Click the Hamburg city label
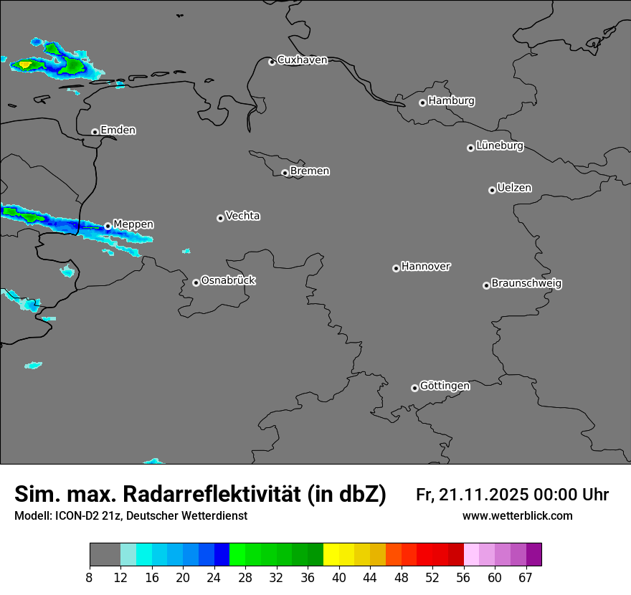coord(451,101)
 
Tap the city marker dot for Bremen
coord(285,173)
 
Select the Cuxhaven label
coord(302,60)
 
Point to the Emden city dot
coord(95,132)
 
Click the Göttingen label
coord(445,386)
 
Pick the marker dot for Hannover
coord(396,268)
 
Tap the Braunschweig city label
coord(526,283)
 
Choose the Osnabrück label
coord(228,280)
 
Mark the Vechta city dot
coord(220,218)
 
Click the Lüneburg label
coord(499,146)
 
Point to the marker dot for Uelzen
coord(492,190)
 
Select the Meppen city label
coord(133,224)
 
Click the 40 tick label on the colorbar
coord(339,577)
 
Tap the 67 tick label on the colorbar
coord(526,577)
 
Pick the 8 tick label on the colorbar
coord(90,577)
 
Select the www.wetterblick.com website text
coord(517,515)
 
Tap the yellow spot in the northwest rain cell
coord(25,65)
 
